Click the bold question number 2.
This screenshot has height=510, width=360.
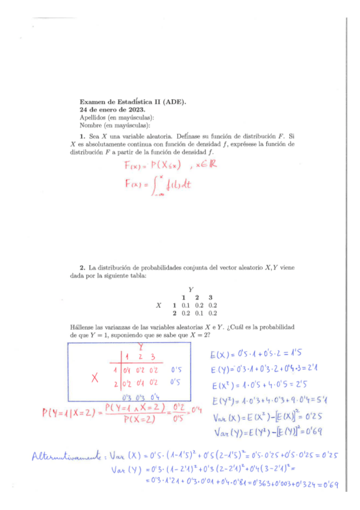(82, 266)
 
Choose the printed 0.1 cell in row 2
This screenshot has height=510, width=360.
(198, 313)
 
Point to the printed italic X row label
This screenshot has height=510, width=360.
(159, 306)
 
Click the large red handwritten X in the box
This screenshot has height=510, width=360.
(95, 378)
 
